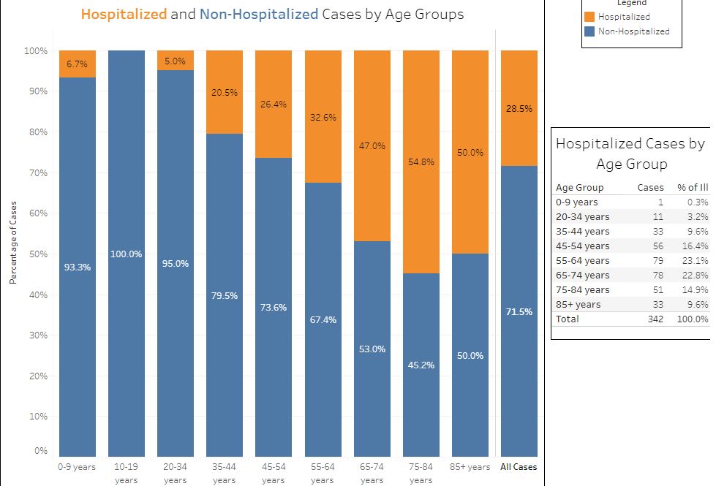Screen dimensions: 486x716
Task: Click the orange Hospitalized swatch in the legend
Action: click(589, 17)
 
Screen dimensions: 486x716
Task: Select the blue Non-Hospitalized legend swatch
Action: click(589, 31)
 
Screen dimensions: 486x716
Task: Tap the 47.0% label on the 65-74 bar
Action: click(372, 146)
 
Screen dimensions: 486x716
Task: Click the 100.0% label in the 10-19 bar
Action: click(127, 254)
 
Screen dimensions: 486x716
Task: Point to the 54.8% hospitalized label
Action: click(421, 162)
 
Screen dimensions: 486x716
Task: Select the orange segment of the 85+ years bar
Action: click(470, 110)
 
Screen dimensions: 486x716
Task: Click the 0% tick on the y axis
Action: click(40, 451)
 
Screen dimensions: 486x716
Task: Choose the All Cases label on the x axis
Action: click(519, 467)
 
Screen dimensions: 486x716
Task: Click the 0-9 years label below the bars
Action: click(77, 467)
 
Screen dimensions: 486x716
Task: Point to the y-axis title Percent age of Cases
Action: click(13, 243)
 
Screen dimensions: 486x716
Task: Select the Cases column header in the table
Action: click(650, 188)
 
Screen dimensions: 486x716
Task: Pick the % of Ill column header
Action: click(693, 188)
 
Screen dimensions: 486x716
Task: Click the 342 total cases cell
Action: click(655, 319)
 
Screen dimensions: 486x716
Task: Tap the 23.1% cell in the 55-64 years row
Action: click(696, 261)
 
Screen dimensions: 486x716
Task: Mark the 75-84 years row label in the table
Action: click(582, 290)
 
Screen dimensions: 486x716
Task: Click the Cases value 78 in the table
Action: click(657, 276)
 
